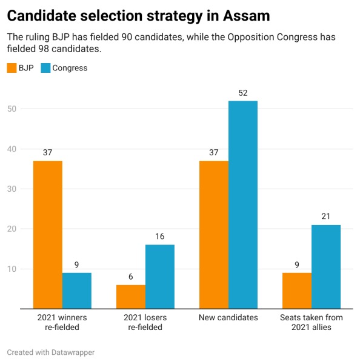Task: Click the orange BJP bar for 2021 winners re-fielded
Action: (x=47, y=234)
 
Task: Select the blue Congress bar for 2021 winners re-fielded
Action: (x=76, y=291)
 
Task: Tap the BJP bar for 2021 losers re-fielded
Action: (x=130, y=297)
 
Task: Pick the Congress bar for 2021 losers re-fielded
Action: (x=159, y=277)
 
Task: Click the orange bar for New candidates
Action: (x=213, y=234)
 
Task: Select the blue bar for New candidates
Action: (x=242, y=204)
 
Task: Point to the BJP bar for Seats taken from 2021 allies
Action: (x=297, y=291)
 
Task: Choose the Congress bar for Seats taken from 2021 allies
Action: (x=326, y=267)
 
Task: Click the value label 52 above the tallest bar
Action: (x=242, y=93)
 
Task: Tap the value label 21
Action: (x=326, y=217)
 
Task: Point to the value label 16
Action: (x=159, y=237)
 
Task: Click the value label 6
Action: (x=130, y=277)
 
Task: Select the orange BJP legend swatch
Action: (x=12, y=68)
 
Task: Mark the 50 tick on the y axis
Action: (x=12, y=109)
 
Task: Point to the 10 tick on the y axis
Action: (x=12, y=269)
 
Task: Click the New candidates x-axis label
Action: (x=228, y=317)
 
